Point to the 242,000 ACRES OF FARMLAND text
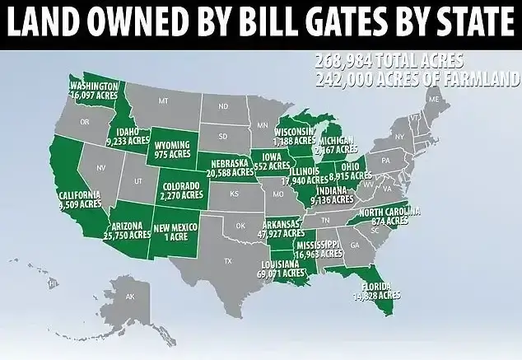(416, 79)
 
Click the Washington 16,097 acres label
(94, 91)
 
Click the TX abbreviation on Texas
(227, 261)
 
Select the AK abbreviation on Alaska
(130, 296)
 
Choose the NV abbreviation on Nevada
(101, 167)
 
